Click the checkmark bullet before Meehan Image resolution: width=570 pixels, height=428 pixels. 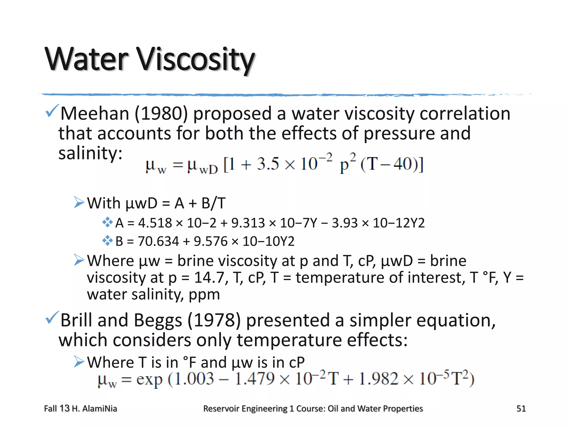pyautogui.click(x=52, y=111)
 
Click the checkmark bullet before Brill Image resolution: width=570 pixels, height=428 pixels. pyautogui.click(x=52, y=317)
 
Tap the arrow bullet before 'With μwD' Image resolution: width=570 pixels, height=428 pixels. pyautogui.click(x=79, y=202)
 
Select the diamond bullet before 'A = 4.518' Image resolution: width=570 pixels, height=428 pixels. pyautogui.click(x=107, y=222)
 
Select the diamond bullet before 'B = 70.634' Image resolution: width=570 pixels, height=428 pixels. pyautogui.click(x=107, y=240)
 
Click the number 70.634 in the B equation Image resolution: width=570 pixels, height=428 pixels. pyautogui.click(x=158, y=241)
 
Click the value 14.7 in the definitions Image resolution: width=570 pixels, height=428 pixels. pyautogui.click(x=209, y=278)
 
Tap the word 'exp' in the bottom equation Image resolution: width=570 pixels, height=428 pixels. pyautogui.click(x=149, y=380)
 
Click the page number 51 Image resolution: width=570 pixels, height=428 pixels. pyautogui.click(x=521, y=408)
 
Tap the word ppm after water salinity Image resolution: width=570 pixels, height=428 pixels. pyautogui.click(x=204, y=295)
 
